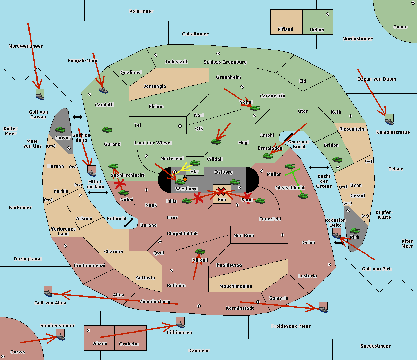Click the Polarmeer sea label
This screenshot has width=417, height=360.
point(141,11)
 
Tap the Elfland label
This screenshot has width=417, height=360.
point(285,30)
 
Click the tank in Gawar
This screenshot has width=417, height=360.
point(60,129)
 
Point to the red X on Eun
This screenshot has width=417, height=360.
point(221,192)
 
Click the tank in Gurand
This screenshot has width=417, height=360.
point(107,129)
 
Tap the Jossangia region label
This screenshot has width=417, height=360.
point(155,86)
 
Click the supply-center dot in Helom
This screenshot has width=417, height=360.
point(328,14)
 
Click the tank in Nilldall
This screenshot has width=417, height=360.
point(200,251)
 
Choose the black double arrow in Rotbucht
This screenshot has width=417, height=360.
point(129,223)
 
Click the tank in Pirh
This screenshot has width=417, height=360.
point(354,230)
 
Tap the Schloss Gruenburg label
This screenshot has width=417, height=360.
point(225,62)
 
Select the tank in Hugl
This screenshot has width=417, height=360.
point(215,141)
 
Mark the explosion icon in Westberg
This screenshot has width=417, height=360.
point(185,179)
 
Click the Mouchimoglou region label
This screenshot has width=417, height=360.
point(236,286)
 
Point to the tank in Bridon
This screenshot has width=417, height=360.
point(337,160)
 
